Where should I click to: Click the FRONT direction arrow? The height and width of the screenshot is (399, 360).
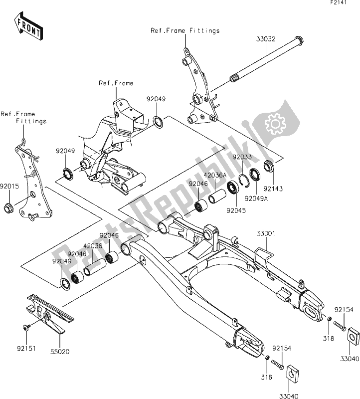(x=28, y=29)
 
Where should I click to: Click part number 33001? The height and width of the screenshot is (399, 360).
(x=267, y=233)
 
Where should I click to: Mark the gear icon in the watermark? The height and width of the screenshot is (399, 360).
(x=273, y=122)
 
